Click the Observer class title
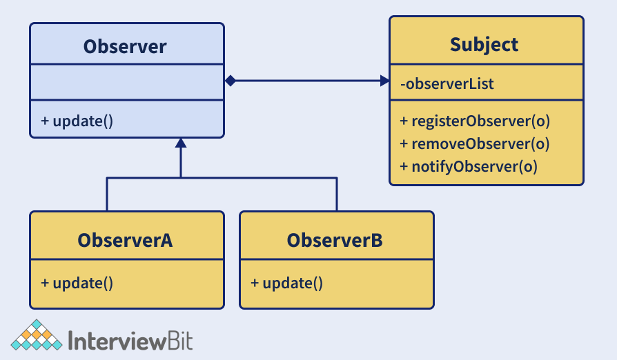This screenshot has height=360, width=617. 125,46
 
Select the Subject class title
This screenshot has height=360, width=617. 484,45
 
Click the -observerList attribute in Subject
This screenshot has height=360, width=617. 447,84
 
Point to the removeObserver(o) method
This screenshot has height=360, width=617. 475,143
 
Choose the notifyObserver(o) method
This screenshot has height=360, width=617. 469,166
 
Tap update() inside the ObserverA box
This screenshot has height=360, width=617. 77,283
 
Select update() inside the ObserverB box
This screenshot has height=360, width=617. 286,283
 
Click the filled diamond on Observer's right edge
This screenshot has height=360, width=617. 231,81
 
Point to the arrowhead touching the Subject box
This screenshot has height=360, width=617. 384,81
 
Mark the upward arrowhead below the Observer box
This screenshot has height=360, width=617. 181,143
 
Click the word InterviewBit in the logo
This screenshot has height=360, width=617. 131,340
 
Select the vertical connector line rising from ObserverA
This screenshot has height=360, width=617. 107,194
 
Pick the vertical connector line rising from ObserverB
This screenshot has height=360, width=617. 337,194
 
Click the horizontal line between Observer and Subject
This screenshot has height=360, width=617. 307,81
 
